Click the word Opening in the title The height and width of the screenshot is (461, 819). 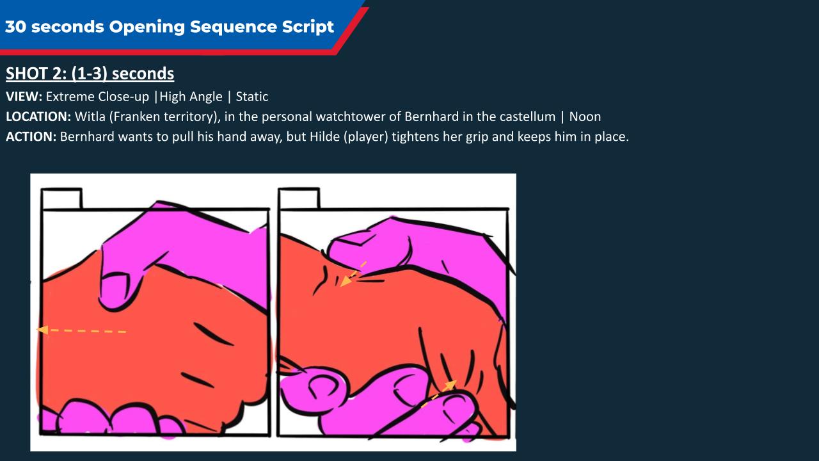pyautogui.click(x=147, y=27)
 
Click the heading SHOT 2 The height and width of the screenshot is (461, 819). pyautogui.click(x=36, y=74)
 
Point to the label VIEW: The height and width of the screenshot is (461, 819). pyautogui.click(x=24, y=97)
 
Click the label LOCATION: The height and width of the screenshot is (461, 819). pyautogui.click(x=38, y=117)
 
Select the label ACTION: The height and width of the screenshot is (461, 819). pyautogui.click(x=31, y=137)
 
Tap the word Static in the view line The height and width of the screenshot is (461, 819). pyautogui.click(x=252, y=97)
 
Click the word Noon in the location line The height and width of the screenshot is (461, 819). pyautogui.click(x=585, y=117)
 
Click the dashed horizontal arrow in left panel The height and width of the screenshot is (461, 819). pyautogui.click(x=81, y=330)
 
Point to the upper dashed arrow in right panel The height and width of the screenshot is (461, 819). pyautogui.click(x=353, y=274)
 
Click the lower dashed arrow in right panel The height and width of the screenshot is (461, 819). pyautogui.click(x=439, y=394)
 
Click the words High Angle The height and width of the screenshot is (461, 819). pyautogui.click(x=191, y=97)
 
